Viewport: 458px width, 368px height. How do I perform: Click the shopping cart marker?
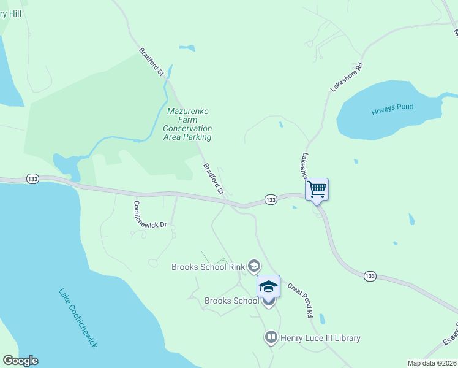click(317, 189)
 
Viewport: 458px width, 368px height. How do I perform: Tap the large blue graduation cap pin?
click(268, 286)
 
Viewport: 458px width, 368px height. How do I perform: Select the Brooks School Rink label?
click(208, 267)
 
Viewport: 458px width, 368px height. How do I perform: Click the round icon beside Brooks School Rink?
click(254, 266)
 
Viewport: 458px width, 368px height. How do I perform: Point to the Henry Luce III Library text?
click(320, 338)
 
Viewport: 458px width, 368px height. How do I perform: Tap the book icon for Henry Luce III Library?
click(271, 337)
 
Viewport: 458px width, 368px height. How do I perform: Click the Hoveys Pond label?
click(392, 107)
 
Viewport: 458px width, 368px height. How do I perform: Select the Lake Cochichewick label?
click(78, 318)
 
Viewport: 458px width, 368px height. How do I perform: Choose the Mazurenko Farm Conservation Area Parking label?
click(187, 125)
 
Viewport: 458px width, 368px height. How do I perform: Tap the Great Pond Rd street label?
click(300, 299)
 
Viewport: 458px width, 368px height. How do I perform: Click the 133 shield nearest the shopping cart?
click(271, 199)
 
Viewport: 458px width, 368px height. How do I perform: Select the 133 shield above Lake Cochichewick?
click(33, 178)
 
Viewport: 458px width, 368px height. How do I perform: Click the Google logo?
click(20, 361)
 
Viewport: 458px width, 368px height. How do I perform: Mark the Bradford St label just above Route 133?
click(214, 178)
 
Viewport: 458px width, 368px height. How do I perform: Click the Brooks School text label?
click(231, 301)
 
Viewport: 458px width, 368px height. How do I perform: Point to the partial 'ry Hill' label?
click(11, 13)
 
